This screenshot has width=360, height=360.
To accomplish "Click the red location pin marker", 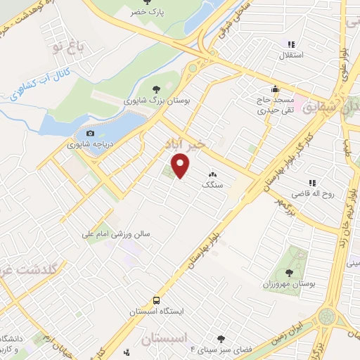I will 181,166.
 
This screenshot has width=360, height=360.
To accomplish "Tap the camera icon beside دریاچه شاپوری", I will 89,134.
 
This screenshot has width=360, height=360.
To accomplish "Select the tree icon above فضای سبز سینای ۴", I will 222,338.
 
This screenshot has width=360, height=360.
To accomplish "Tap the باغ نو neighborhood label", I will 70,48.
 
